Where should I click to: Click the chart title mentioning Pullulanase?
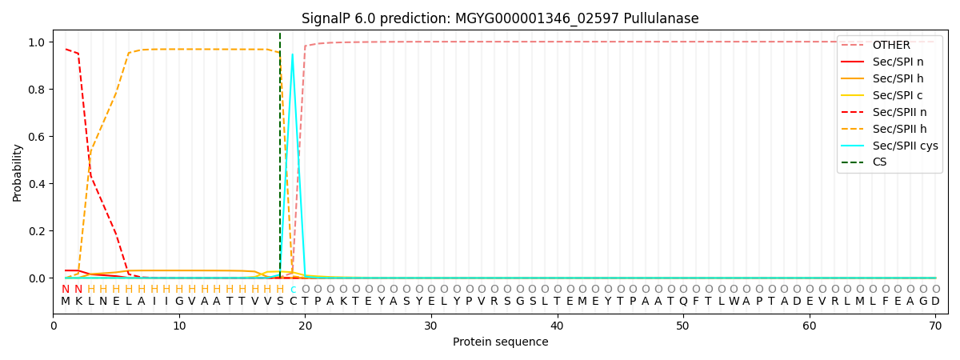click(x=500, y=18)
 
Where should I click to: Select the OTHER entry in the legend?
click(x=890, y=45)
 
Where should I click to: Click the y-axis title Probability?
click(x=18, y=172)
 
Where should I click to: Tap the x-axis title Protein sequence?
click(x=500, y=342)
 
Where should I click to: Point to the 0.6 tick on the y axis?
click(x=37, y=137)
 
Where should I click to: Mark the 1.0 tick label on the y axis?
click(x=37, y=42)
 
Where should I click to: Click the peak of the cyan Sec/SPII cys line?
click(x=293, y=54)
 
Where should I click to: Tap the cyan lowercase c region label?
click(x=293, y=290)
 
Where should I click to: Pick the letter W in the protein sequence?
click(x=734, y=302)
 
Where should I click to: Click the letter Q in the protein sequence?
click(x=683, y=302)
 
